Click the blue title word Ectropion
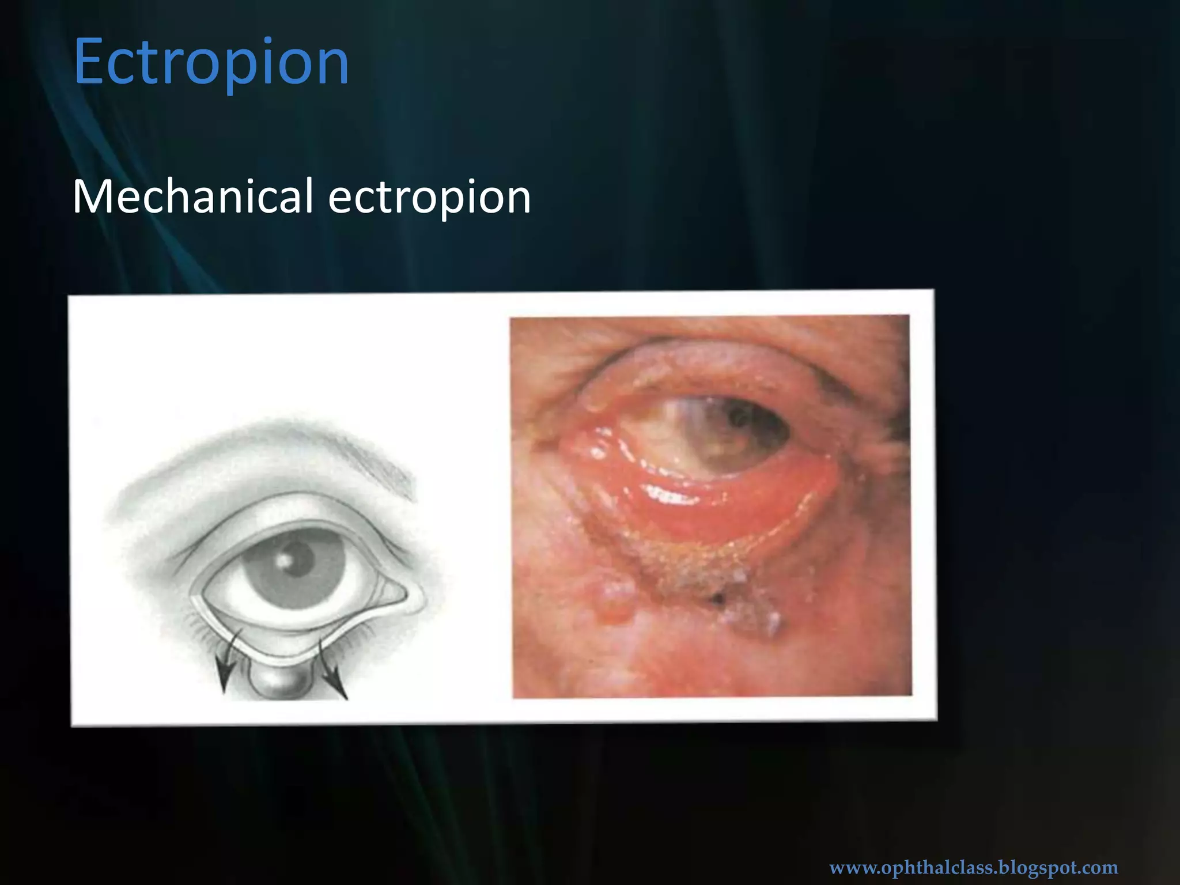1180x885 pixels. pos(211,62)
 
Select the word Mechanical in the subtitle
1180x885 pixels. pos(192,197)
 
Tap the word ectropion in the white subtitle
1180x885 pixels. pos(429,197)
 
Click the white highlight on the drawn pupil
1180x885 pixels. pos(284,561)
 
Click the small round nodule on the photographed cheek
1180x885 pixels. pos(615,599)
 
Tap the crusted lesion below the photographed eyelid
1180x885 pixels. pos(709,582)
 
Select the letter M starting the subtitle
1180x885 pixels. pos(92,197)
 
